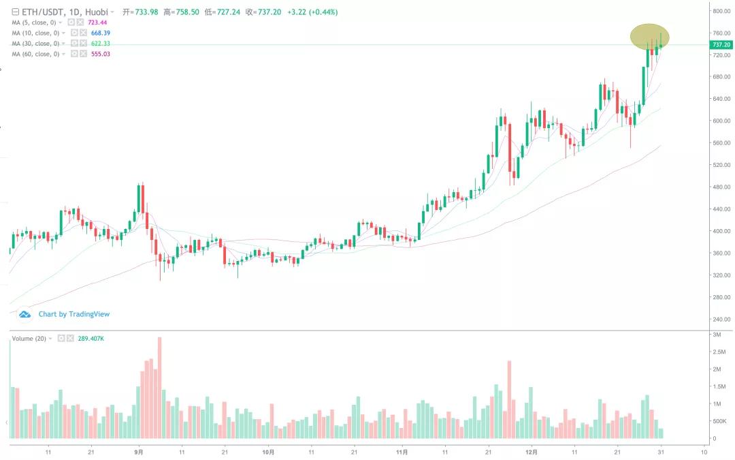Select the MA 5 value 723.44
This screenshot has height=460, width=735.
[98, 22]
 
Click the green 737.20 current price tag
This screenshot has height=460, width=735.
[720, 44]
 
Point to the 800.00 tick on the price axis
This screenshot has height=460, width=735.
[721, 11]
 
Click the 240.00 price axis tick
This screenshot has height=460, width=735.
[721, 319]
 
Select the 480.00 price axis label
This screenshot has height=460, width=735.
[721, 187]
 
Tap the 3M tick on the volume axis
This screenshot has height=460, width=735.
[717, 335]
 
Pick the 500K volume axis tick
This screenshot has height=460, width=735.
[720, 421]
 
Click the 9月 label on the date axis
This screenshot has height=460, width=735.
[139, 451]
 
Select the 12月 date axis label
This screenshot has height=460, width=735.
[532, 451]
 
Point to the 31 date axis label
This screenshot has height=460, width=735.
[660, 451]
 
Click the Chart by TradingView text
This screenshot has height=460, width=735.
[73, 314]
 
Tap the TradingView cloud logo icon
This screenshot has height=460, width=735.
[26, 314]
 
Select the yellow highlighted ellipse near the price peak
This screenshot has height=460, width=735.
[650, 37]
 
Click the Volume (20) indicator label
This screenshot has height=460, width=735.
[30, 338]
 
